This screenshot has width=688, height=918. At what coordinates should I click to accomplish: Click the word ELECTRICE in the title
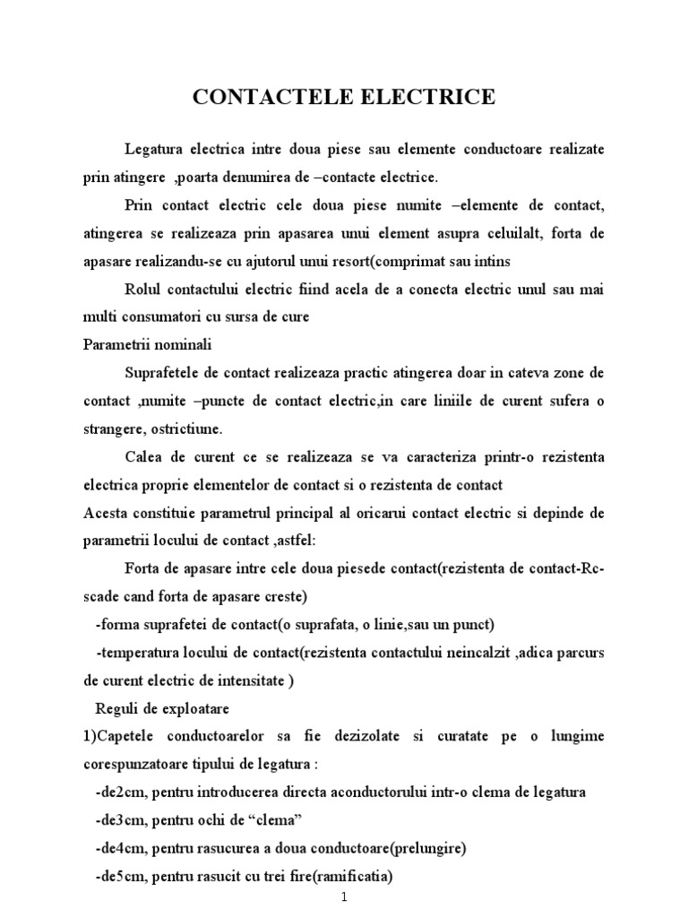(x=426, y=98)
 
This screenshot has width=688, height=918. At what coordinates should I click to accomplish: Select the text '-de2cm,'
(x=120, y=792)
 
